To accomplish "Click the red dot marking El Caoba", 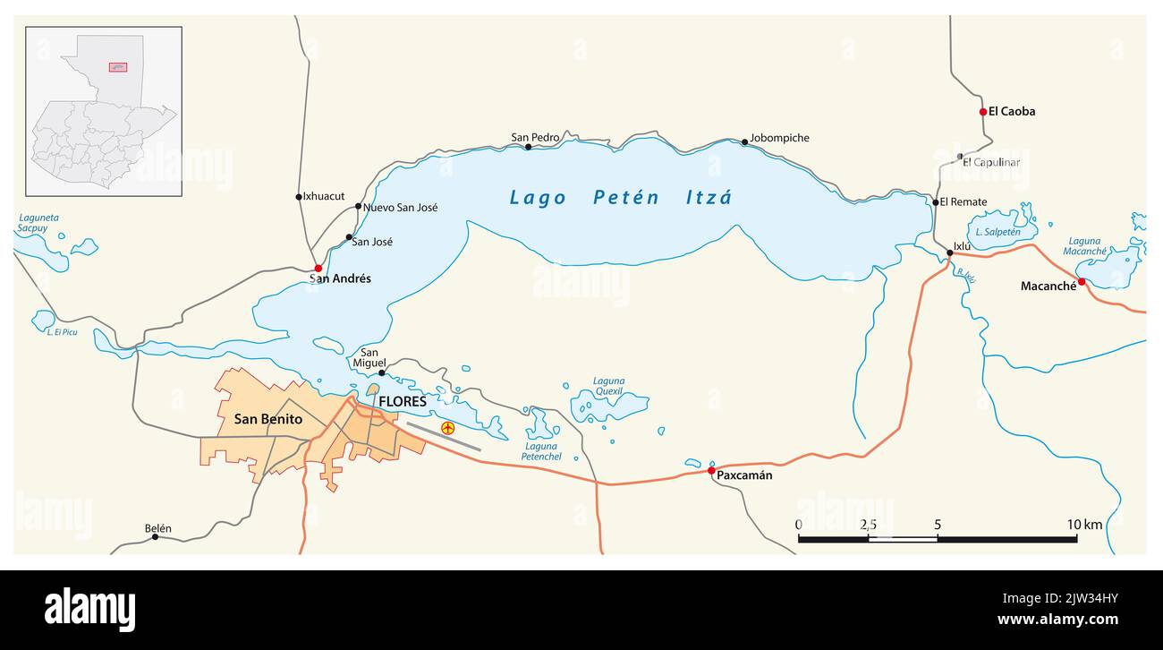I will coord(982,112).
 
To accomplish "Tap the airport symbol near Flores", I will coord(447,429).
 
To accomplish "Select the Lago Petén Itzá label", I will coord(620,198).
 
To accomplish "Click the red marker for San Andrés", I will coord(318,268).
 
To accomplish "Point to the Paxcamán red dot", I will coord(711,470).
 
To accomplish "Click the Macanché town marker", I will coord(1081,282).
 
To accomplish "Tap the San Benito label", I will coord(267,419).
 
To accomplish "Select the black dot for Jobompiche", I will coord(744,141).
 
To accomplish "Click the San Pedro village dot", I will coord(528,147).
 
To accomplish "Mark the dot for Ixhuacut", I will coord(299,197).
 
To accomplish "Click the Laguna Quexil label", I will coord(608,386).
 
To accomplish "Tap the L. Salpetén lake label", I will coord(997,232).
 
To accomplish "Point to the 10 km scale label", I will coord(1084,525).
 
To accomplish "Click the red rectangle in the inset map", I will coord(117,67).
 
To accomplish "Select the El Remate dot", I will coord(936,202).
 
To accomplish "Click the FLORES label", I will coord(403,401).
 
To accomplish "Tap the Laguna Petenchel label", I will coord(541,451).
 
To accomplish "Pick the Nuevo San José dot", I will coord(358,206).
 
